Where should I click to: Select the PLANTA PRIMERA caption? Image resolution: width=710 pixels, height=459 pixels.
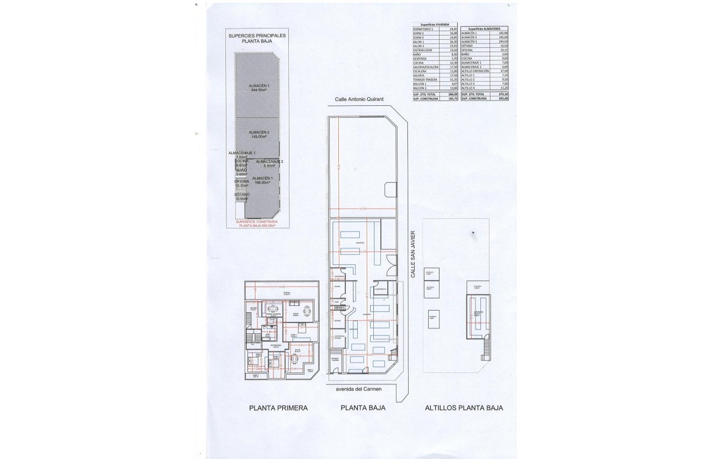click(278, 408)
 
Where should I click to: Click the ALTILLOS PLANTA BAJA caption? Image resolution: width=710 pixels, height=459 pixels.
click(464, 408)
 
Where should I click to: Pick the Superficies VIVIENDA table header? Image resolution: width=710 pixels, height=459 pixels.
click(435, 24)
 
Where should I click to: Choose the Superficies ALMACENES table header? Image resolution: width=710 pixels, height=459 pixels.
click(484, 28)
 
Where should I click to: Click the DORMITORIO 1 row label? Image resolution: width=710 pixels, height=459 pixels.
click(423, 28)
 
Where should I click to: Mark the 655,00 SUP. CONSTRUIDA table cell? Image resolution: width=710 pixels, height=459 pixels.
click(503, 98)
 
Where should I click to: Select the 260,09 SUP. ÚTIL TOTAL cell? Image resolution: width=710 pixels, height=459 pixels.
click(453, 94)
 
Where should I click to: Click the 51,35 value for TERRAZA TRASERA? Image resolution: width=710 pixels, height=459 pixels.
click(453, 80)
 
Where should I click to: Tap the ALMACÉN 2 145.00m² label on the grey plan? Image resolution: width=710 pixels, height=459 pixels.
click(259, 134)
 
